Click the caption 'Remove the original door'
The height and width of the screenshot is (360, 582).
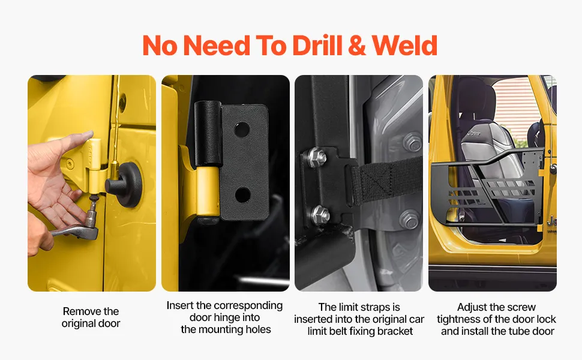91,317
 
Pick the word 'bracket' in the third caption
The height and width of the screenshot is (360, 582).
395,331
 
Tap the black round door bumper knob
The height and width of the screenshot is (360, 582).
125,184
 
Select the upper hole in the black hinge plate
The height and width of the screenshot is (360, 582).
242,129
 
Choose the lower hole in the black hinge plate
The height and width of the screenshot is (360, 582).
242,195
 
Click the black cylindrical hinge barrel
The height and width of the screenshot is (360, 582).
208,134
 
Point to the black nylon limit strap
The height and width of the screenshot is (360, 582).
386,181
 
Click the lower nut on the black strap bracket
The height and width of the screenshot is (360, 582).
320,215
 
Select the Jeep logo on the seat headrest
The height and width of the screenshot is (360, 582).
473,133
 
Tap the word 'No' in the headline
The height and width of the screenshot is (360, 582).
160,45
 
